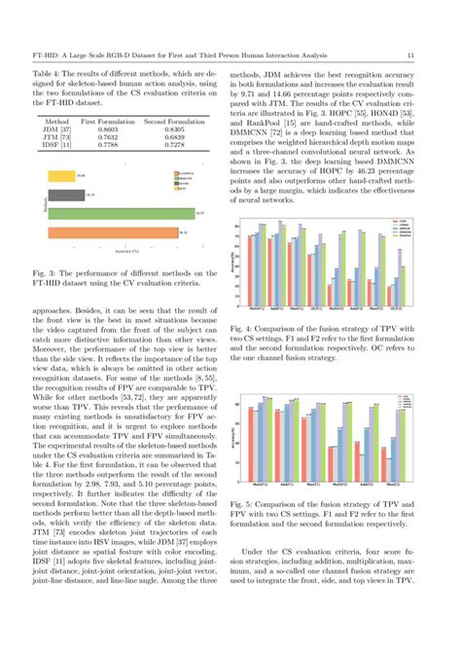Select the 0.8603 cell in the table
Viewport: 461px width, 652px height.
pos(110,129)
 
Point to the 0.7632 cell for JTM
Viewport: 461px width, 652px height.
pos(110,139)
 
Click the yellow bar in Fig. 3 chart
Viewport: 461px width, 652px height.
pos(59,175)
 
